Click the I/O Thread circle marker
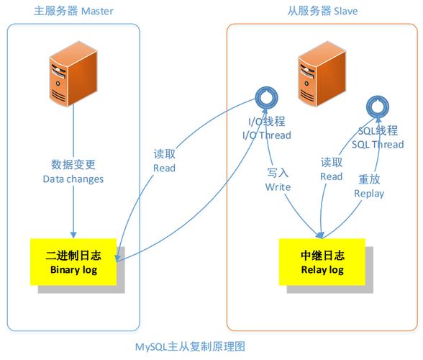[x=267, y=97]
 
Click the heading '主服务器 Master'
[x=74, y=11]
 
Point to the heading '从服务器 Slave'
[x=322, y=11]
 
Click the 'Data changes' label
[x=73, y=179]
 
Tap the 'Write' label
[x=278, y=186]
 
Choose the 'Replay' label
[x=370, y=193]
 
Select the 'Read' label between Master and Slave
[x=164, y=168]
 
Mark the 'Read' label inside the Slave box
[x=331, y=176]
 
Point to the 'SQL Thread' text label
[x=378, y=144]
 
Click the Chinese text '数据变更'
[x=73, y=165]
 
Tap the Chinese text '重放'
[x=370, y=179]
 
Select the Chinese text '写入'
[x=278, y=173]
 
